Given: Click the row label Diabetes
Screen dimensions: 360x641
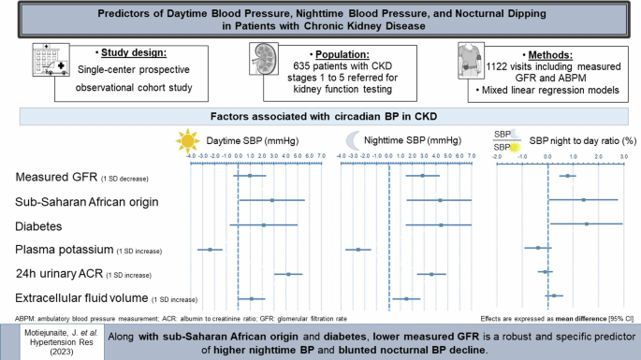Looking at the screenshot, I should tap(38, 225).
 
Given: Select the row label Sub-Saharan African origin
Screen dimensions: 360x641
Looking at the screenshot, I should tap(87, 201).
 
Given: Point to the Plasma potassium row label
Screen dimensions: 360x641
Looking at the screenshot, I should tap(64, 250).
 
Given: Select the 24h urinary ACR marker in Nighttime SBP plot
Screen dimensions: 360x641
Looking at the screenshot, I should tap(431, 274).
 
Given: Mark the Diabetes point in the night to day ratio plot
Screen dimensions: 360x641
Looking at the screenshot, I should tap(587, 224).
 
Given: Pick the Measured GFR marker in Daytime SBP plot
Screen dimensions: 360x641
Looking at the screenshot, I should tap(249, 176).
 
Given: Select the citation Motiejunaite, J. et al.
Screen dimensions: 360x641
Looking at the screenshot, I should tap(53, 333).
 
